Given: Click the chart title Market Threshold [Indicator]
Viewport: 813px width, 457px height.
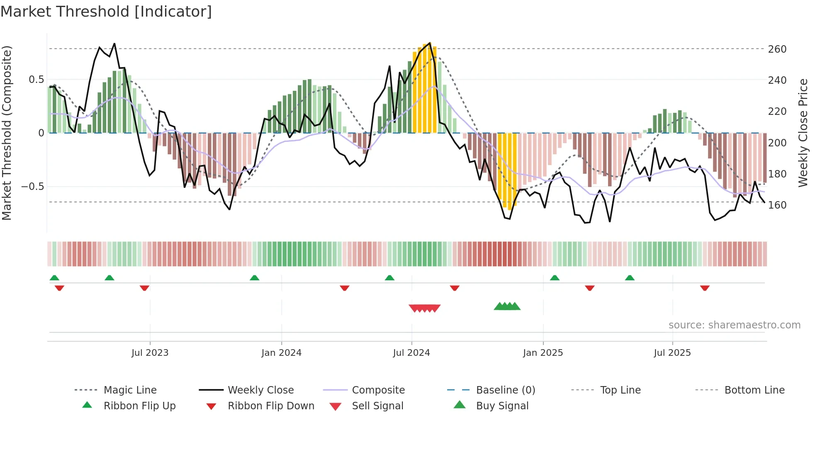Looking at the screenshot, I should coord(106,12).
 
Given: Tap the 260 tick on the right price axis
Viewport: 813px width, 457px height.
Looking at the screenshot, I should coord(777,49).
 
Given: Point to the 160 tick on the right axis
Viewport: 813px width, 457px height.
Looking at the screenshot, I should coord(777,205).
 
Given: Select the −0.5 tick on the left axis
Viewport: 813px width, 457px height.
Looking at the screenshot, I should coord(32,187).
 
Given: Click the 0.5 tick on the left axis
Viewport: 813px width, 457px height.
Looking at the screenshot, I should coord(36,80).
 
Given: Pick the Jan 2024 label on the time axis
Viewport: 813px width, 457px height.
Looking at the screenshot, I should coord(281,353).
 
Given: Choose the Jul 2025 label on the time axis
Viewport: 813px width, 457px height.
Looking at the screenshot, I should coord(672,353).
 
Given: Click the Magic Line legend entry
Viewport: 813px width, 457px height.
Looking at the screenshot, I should coord(130,390).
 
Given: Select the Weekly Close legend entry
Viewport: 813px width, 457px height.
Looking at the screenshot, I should coord(260,390).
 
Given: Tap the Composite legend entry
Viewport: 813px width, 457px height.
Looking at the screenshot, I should coord(378,390).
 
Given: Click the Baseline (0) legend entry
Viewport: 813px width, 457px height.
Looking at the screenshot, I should coord(505,390).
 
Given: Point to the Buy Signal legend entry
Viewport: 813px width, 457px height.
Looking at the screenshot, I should coord(502,406).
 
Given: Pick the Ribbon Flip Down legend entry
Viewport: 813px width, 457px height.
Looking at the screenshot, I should coord(271,406).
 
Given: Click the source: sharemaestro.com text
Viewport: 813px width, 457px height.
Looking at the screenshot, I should coord(734,325).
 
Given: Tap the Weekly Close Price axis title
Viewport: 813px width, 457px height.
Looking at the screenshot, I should coord(803,133).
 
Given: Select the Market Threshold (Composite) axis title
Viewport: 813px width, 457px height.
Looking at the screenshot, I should coord(7,133).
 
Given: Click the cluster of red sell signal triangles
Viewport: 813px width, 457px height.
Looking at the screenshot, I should coord(424,308).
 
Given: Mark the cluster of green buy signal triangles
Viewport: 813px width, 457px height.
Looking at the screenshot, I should coord(507,306).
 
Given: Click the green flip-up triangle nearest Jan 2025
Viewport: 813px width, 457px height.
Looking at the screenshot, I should coord(555,278).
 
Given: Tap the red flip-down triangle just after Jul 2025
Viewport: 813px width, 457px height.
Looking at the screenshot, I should coord(705,288).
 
